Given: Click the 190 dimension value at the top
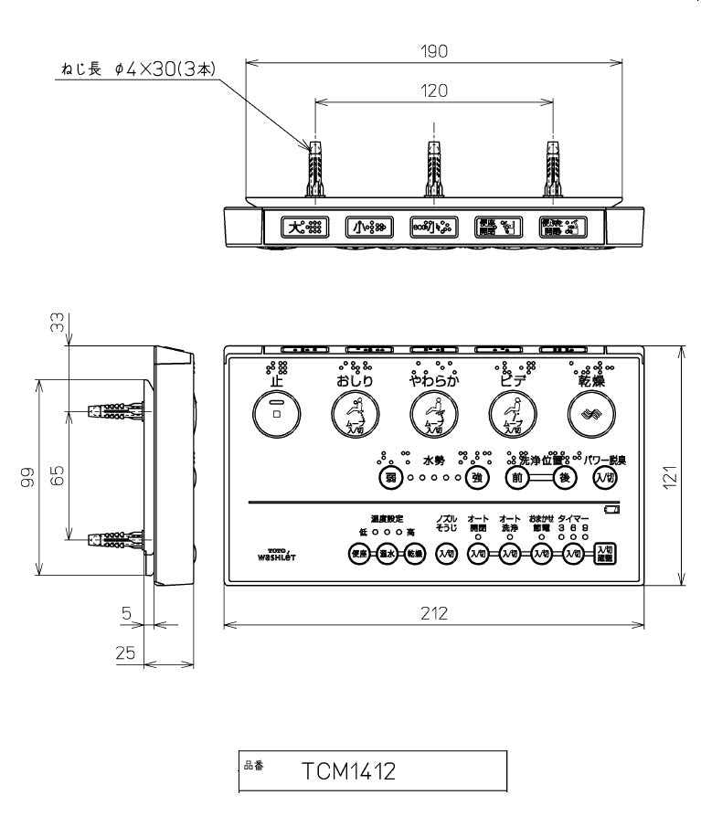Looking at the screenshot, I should pos(436,51).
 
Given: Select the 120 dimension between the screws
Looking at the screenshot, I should pos(436,90).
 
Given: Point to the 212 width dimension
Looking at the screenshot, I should pos(435,613).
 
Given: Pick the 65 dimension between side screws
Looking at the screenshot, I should pos(58,477).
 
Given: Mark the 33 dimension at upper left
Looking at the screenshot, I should pos(58,323).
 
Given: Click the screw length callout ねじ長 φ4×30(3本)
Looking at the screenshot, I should pos(136,69).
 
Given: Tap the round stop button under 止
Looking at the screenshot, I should pos(275,413).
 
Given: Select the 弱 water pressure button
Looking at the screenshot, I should pos(390,477).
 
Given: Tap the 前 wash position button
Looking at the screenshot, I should pos(518,477).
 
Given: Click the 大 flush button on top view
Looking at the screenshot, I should pos(303,227).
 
